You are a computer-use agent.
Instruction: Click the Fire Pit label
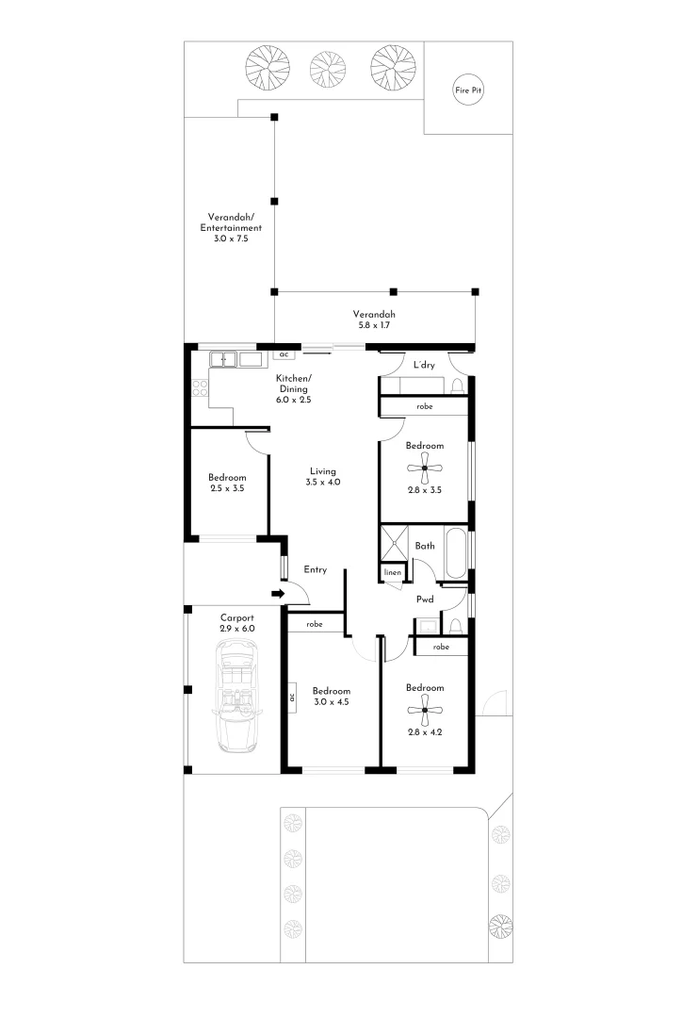[469, 90]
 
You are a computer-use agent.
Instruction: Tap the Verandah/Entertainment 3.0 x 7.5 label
[231, 227]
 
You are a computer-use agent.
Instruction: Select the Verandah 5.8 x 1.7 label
[374, 320]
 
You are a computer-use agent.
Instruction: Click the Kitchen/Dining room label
[293, 389]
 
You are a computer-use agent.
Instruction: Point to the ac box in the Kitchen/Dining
[283, 355]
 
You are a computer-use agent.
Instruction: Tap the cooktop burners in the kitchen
[200, 387]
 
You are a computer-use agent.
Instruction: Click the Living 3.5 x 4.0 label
[322, 477]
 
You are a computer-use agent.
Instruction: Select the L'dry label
[423, 365]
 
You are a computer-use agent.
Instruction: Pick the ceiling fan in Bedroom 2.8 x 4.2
[425, 711]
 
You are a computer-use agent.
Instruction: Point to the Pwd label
[425, 599]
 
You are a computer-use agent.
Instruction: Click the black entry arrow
[277, 594]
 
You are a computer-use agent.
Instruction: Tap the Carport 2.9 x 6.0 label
[237, 623]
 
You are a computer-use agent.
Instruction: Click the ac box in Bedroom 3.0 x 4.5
[292, 698]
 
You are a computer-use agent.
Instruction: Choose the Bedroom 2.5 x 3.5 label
[227, 483]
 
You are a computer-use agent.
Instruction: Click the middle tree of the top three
[327, 65]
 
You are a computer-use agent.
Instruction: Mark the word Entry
[315, 570]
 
